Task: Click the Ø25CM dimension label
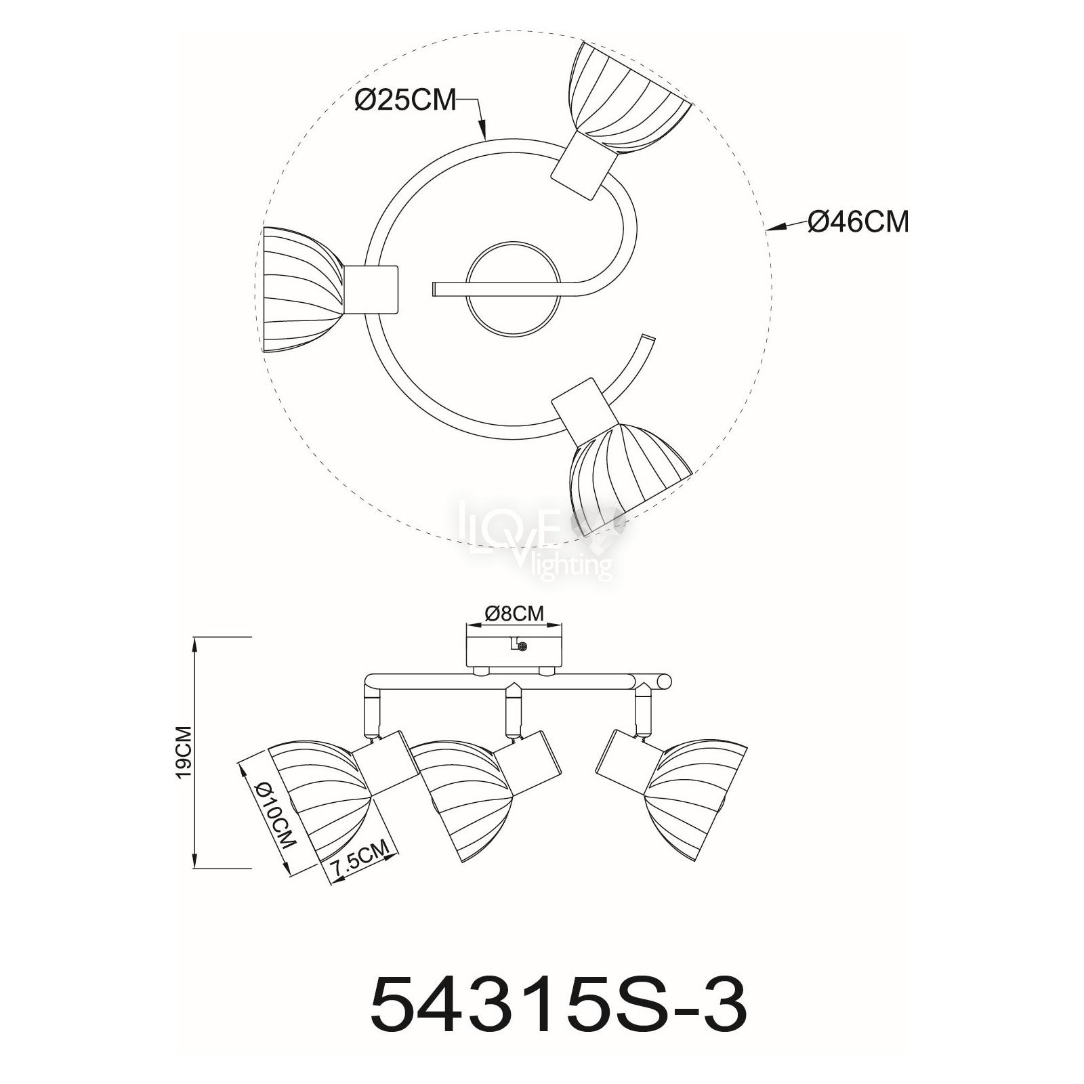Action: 405,100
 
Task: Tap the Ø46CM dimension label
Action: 858,222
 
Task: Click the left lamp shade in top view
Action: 303,289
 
